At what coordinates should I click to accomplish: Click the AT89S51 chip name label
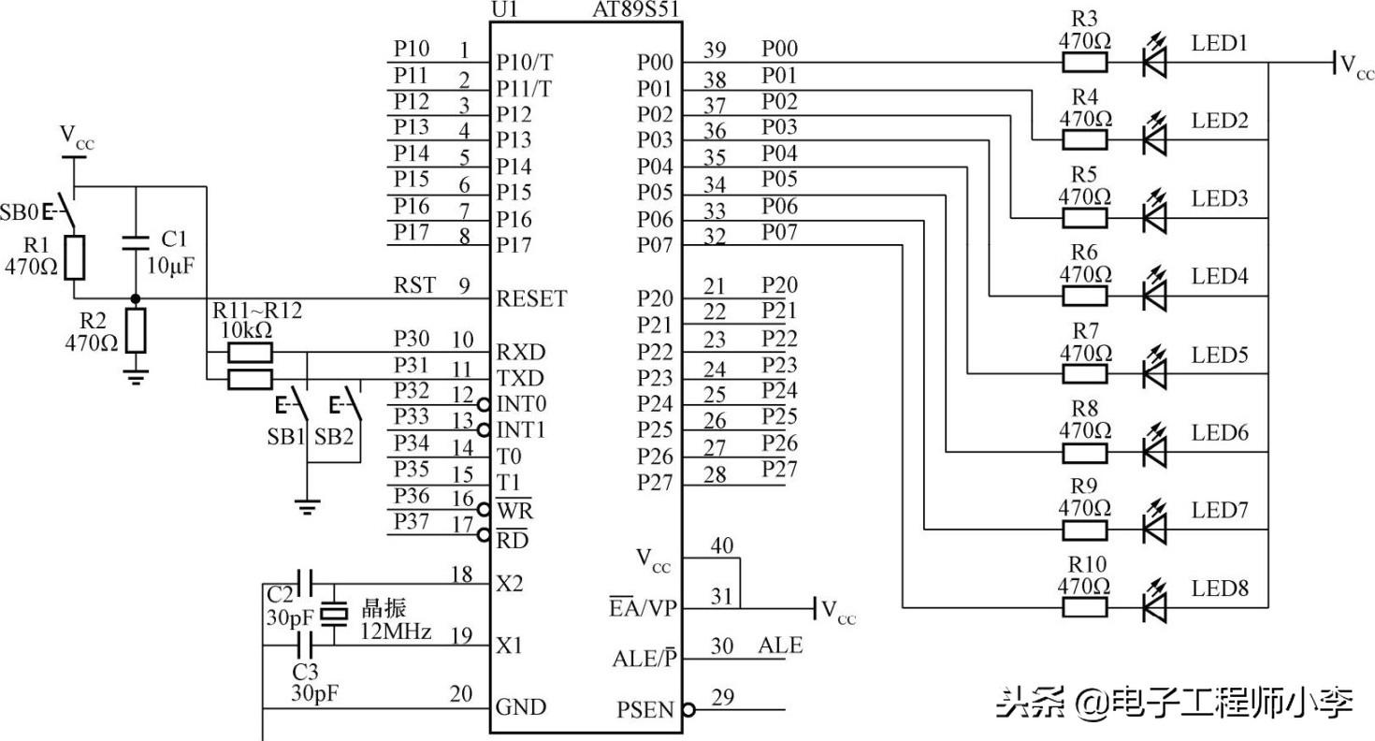[636, 10]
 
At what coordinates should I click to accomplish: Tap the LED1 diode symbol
[1156, 63]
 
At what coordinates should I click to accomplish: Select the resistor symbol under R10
[1085, 607]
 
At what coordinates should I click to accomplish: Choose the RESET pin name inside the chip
[531, 299]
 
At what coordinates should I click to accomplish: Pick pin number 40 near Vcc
[722, 545]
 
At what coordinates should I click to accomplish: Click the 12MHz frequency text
[396, 632]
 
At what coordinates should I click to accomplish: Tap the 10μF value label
[170, 266]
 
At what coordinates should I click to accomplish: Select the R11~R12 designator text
[257, 311]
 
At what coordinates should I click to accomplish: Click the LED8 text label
[1220, 588]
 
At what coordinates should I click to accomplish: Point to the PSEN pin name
[644, 710]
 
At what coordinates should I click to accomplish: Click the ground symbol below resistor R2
[137, 376]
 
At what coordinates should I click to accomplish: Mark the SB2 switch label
[334, 437]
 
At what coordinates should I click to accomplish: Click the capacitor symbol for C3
[305, 644]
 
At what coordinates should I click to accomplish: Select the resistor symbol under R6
[1085, 296]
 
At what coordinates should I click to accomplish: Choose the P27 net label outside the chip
[779, 469]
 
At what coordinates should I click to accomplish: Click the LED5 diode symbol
[1156, 373]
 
